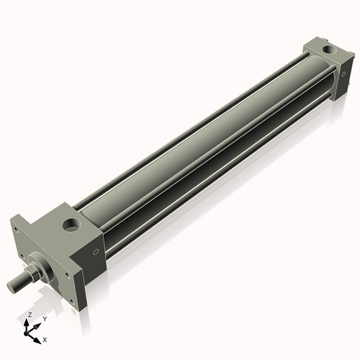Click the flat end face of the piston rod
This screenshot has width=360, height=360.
pyautogui.click(x=11, y=287)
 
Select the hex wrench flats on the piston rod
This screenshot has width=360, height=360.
pyautogui.click(x=32, y=276)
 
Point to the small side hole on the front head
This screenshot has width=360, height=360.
pyautogui.click(x=96, y=251)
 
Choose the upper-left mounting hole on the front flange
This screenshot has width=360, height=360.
pyautogui.click(x=16, y=230)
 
